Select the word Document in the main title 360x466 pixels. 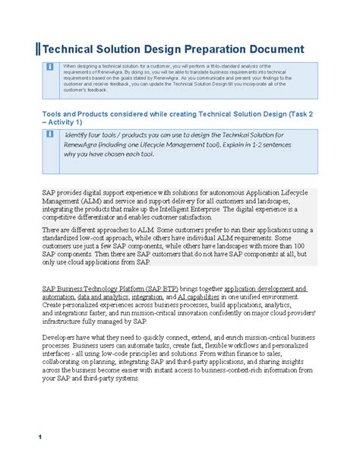pyautogui.click(x=274, y=49)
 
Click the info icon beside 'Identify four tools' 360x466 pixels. pyautogui.click(x=50, y=134)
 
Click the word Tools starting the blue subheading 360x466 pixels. pyautogui.click(x=51, y=114)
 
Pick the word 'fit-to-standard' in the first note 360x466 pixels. pyautogui.click(x=225, y=66)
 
